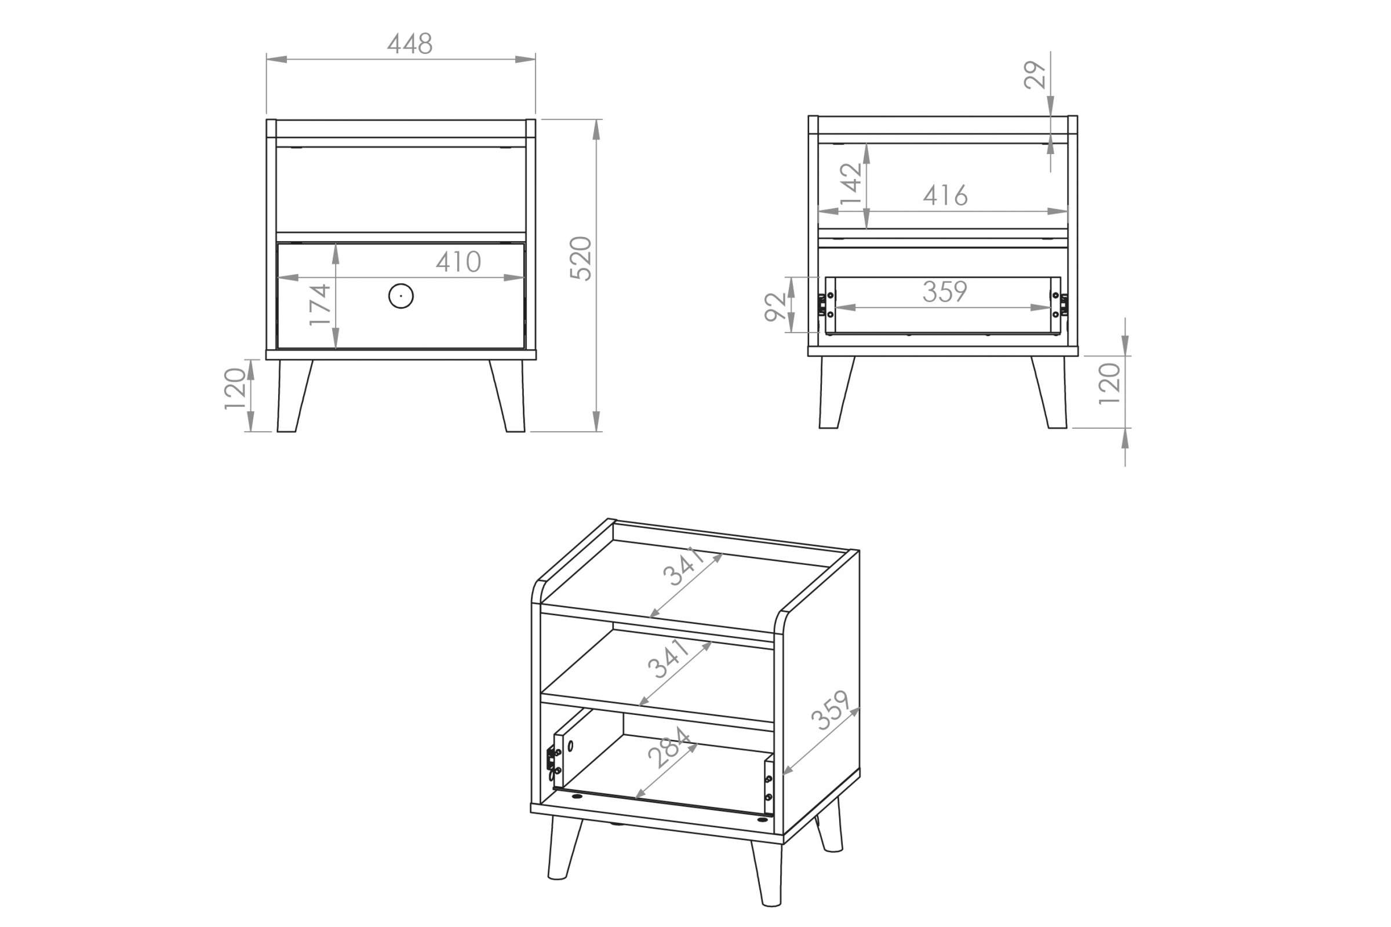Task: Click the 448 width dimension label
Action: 410,44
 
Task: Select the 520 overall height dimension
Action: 581,258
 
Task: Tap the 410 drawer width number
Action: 458,262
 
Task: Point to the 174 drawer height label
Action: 320,305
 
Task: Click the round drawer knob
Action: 401,295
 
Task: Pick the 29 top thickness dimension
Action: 1035,75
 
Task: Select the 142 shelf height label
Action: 851,183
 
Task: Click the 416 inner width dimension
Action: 945,195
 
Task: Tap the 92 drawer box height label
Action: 775,307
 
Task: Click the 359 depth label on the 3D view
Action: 831,710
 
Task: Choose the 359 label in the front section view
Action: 945,291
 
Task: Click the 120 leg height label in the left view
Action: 235,388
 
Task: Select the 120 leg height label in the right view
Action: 1109,384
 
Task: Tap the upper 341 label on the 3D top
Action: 684,567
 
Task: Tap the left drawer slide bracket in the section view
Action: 821,305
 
